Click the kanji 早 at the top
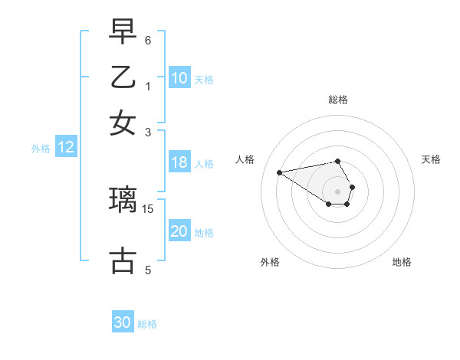tap(123, 34)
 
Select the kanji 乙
tap(123, 78)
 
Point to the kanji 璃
tap(123, 200)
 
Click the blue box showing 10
tap(179, 78)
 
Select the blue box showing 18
tap(179, 162)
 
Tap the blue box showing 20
tap(179, 232)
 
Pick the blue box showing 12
tap(66, 148)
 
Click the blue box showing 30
tap(123, 322)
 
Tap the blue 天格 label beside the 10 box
tap(204, 80)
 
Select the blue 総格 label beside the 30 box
tap(147, 324)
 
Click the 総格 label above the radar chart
tap(338, 100)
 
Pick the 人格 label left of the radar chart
tap(245, 159)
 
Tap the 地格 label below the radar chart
tap(402, 262)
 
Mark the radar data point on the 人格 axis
tap(280, 172)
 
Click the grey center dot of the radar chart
tap(338, 191)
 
